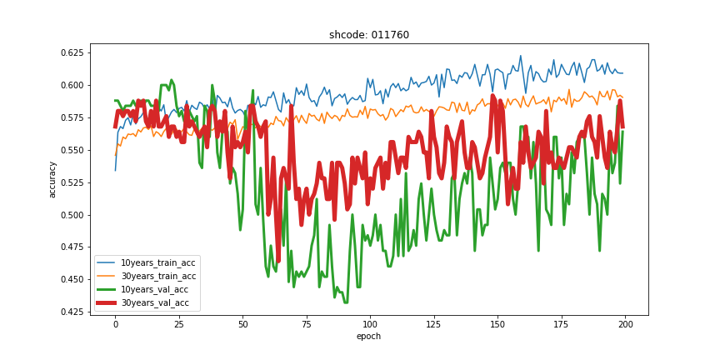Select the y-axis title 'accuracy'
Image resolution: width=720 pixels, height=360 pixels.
coord(52,179)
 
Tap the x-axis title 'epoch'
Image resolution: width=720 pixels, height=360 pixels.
coord(369,336)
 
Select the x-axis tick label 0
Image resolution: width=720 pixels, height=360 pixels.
coord(116,323)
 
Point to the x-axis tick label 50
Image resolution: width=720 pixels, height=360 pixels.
coord(242,323)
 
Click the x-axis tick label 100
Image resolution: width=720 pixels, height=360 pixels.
coord(369,323)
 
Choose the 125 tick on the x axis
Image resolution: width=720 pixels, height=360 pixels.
coord(432,323)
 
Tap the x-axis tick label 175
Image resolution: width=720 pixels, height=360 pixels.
coord(560,323)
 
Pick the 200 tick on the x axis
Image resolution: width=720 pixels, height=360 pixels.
coord(623,323)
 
